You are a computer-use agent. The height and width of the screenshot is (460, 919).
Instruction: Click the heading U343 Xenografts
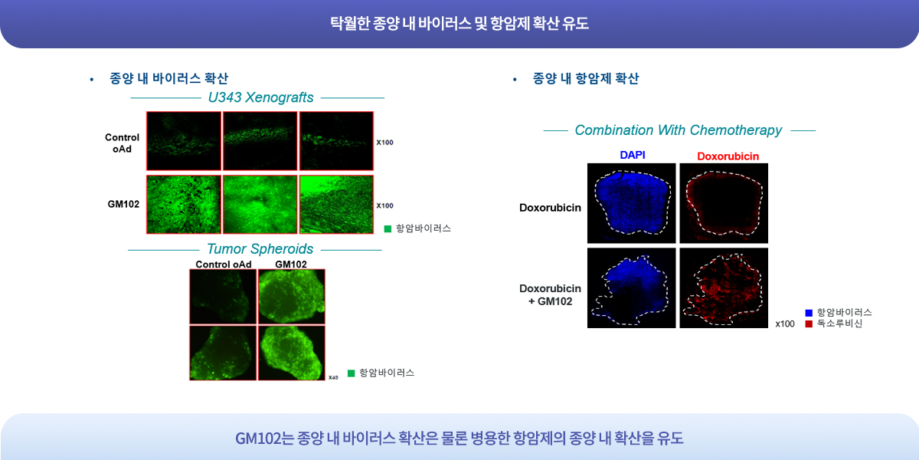(x=260, y=98)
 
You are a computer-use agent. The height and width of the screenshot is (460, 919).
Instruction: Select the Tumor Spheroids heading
(x=260, y=249)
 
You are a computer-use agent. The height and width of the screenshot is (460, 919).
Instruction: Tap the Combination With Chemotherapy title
(x=679, y=130)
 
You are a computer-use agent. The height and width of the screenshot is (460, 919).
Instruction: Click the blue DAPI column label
(x=633, y=155)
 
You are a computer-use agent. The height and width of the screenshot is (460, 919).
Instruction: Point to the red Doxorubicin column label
(x=728, y=156)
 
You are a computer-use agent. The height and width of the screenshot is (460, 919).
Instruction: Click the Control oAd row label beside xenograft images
(x=122, y=143)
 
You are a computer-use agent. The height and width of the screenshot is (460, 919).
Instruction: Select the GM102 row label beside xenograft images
(x=123, y=204)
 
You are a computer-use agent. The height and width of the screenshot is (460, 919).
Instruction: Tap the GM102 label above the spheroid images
(x=291, y=264)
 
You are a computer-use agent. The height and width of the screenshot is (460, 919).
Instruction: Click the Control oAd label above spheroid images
(x=223, y=264)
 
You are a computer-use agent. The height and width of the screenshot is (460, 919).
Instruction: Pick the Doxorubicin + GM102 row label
(x=550, y=295)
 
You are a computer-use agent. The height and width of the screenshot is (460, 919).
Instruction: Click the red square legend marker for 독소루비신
(x=809, y=324)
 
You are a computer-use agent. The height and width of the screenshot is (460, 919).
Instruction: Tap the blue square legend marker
(x=809, y=313)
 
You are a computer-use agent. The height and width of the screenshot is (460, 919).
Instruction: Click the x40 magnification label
(x=333, y=377)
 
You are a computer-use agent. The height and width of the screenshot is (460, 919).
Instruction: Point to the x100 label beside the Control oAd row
(x=384, y=143)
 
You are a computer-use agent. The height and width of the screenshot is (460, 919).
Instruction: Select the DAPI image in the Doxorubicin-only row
(x=631, y=203)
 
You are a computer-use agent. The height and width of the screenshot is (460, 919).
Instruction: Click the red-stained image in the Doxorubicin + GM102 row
(x=724, y=288)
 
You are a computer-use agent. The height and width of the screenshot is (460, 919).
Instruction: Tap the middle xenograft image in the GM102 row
(x=260, y=205)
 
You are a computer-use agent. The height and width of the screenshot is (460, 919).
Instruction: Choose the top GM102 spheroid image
(x=291, y=297)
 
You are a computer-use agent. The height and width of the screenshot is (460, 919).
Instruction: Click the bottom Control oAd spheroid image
(x=223, y=353)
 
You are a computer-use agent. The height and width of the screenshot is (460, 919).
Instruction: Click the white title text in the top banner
(x=459, y=23)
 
